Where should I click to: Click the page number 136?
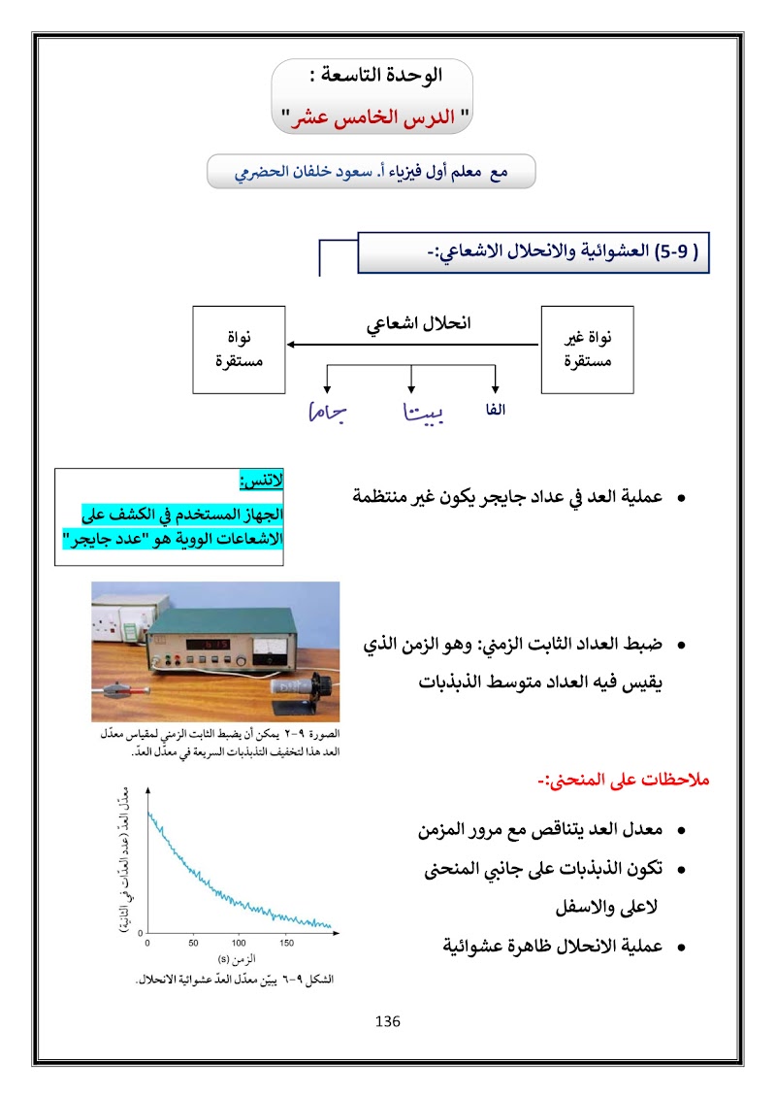click(387, 1021)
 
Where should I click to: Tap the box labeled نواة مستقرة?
click(239, 349)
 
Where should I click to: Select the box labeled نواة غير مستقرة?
click(586, 349)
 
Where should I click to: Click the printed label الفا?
click(496, 411)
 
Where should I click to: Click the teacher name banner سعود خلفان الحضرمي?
click(372, 172)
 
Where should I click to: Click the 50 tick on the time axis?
click(193, 943)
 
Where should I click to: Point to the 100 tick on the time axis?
click(240, 943)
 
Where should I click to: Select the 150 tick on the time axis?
click(286, 943)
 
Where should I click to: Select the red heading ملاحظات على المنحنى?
click(625, 780)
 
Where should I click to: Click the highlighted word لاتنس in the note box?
click(261, 481)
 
